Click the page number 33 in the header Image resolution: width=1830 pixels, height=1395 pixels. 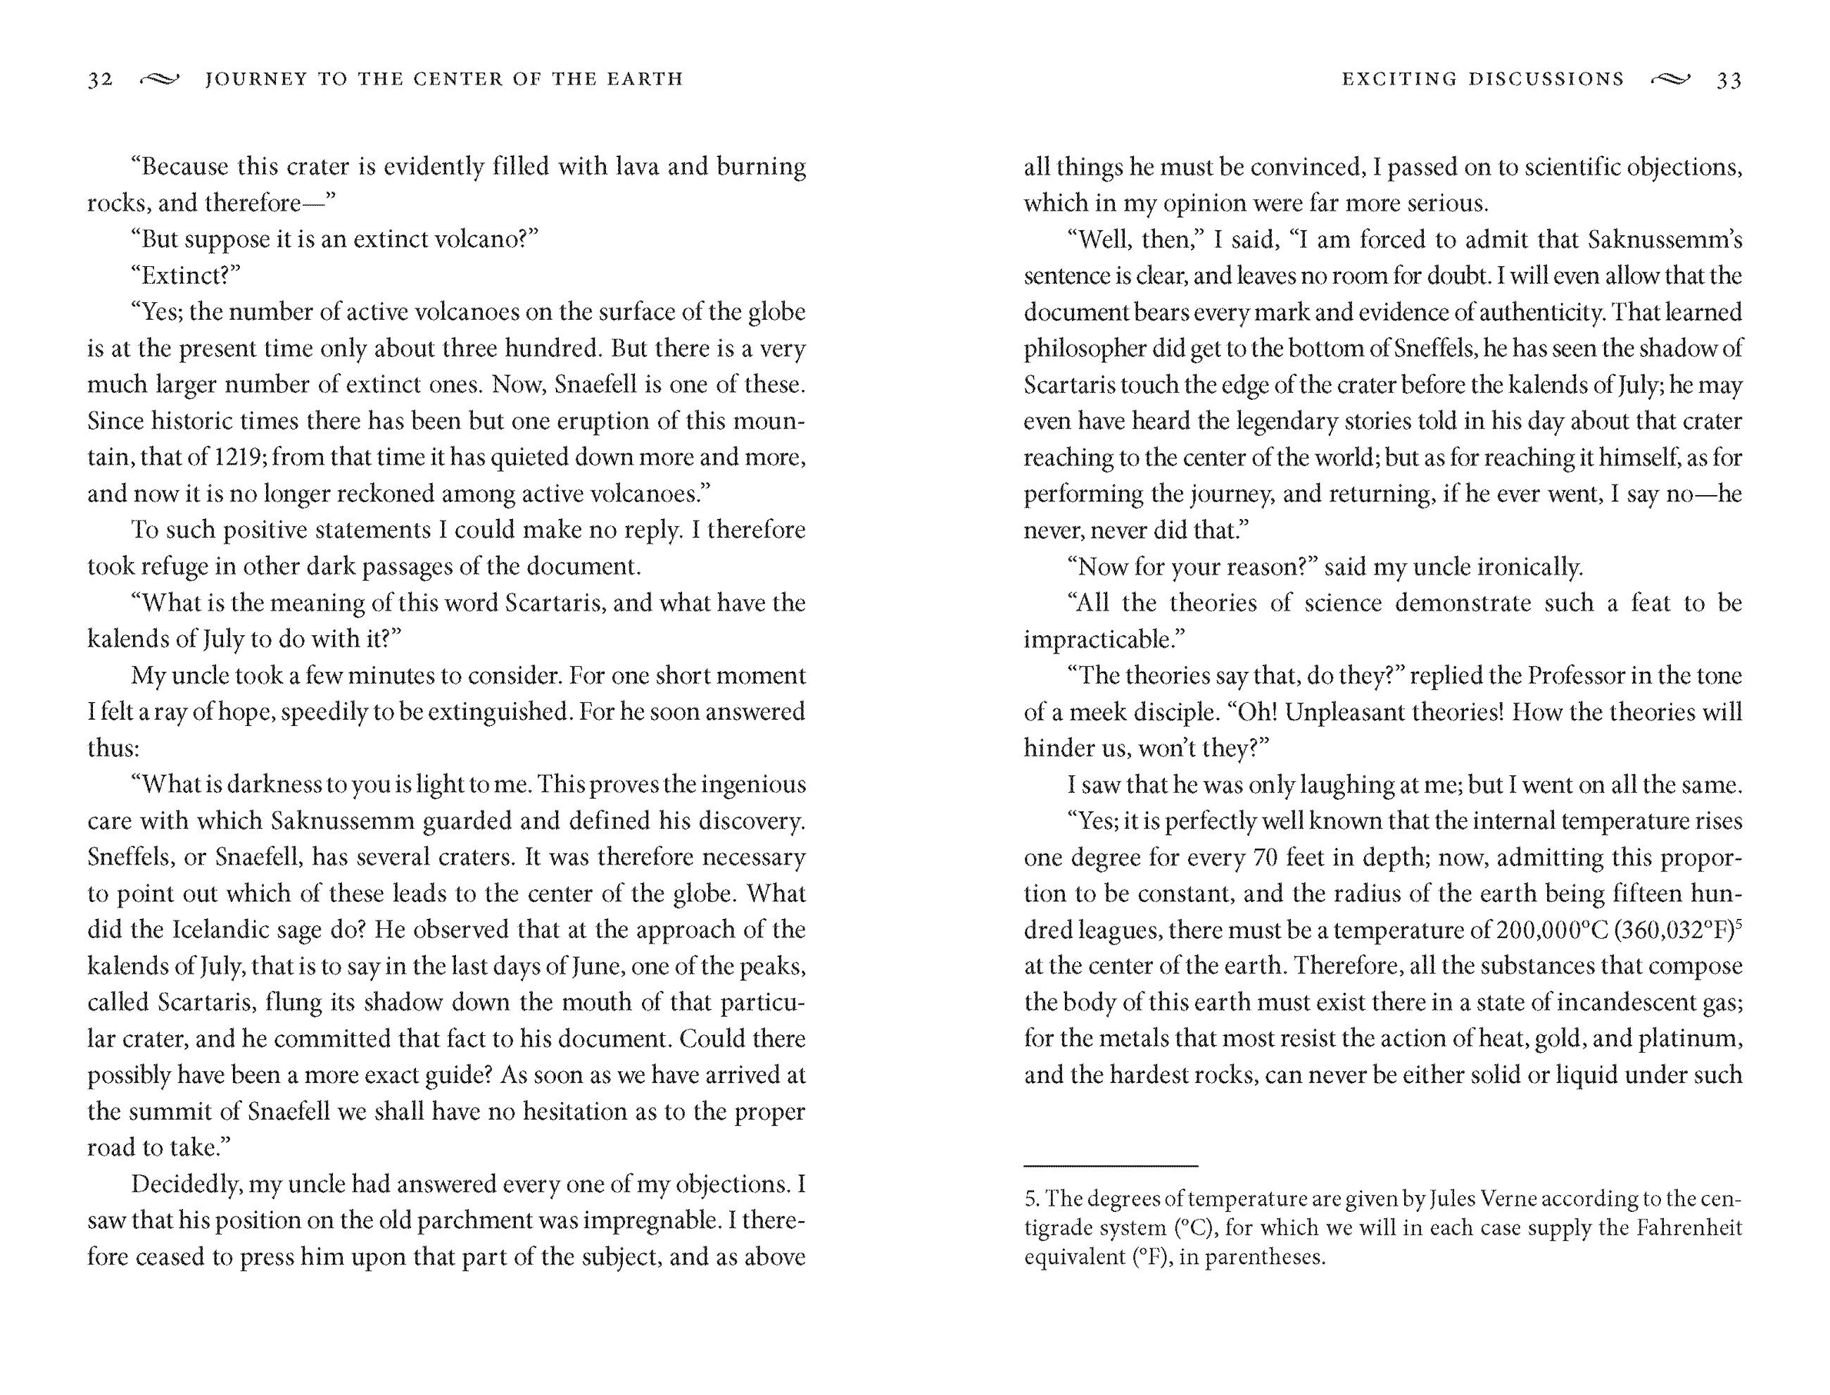[x=1729, y=80]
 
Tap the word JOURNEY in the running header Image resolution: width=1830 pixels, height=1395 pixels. [x=255, y=80]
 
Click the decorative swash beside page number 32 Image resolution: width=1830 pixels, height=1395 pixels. [x=159, y=80]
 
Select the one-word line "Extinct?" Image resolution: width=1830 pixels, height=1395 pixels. [x=185, y=275]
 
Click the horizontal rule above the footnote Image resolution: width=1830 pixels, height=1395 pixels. [x=1111, y=1166]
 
